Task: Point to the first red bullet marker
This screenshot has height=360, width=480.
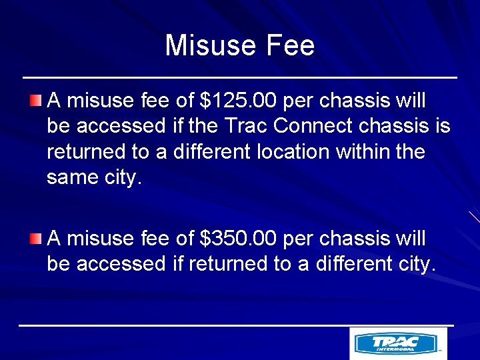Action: [x=36, y=101]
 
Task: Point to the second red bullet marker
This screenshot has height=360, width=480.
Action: [x=36, y=238]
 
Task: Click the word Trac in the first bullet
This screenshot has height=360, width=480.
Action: [x=247, y=126]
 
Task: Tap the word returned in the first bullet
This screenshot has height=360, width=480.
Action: [x=87, y=151]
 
